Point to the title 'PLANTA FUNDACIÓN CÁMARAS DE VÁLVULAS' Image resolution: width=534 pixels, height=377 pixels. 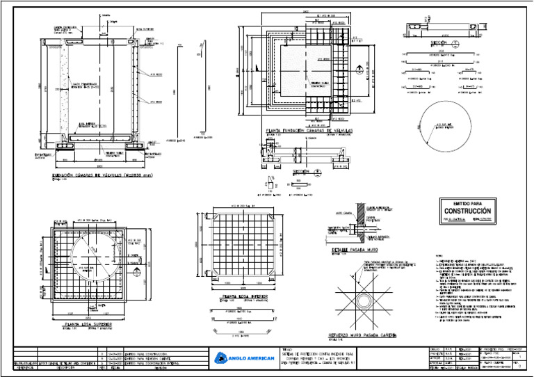(x=307, y=130)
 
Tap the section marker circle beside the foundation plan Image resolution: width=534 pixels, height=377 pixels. (x=359, y=68)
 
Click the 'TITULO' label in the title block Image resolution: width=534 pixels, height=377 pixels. (x=288, y=349)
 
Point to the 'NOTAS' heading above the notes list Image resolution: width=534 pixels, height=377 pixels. (x=439, y=255)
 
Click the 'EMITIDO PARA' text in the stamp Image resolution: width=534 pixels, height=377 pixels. (x=467, y=202)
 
